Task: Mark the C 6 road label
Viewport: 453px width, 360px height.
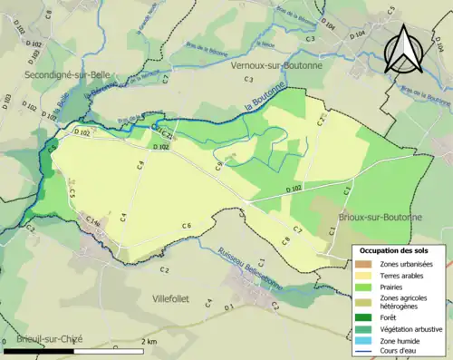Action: [186, 225]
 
